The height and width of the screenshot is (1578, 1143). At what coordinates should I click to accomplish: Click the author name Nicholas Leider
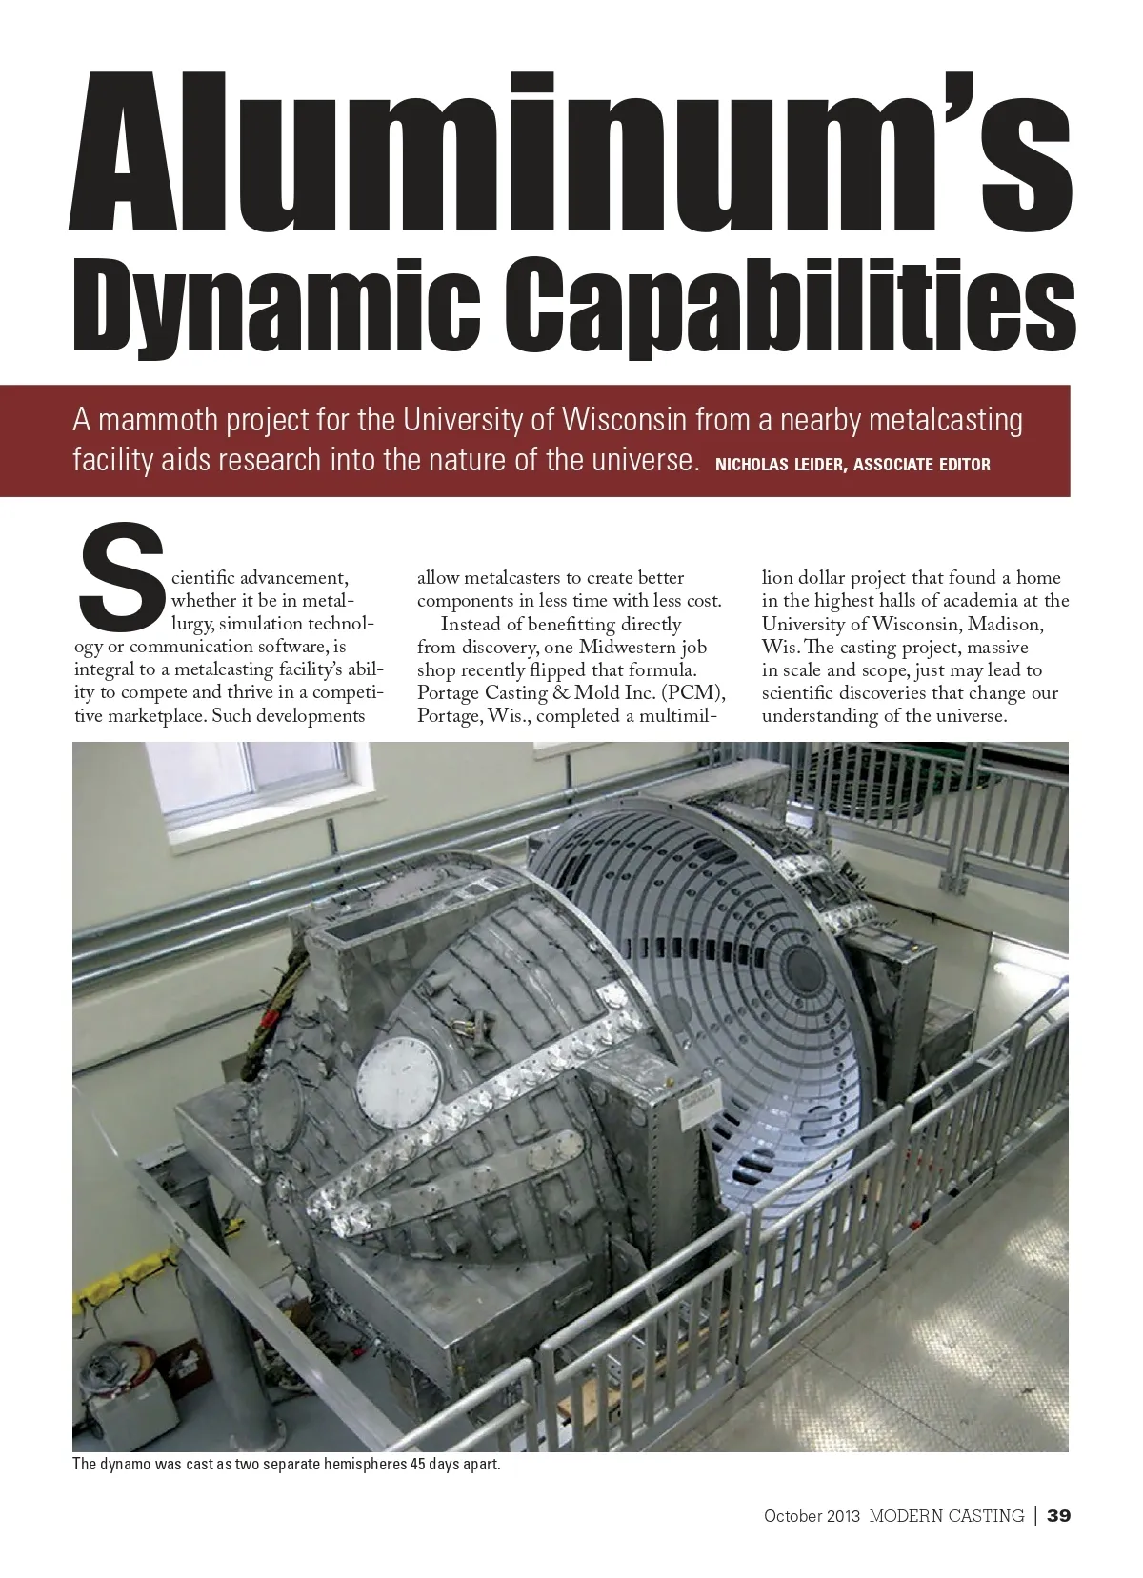[x=776, y=466]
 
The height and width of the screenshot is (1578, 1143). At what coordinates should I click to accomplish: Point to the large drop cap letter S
[x=119, y=581]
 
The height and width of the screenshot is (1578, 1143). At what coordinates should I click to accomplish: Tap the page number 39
[x=1058, y=1515]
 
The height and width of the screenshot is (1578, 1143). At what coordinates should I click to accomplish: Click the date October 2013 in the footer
[x=812, y=1515]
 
